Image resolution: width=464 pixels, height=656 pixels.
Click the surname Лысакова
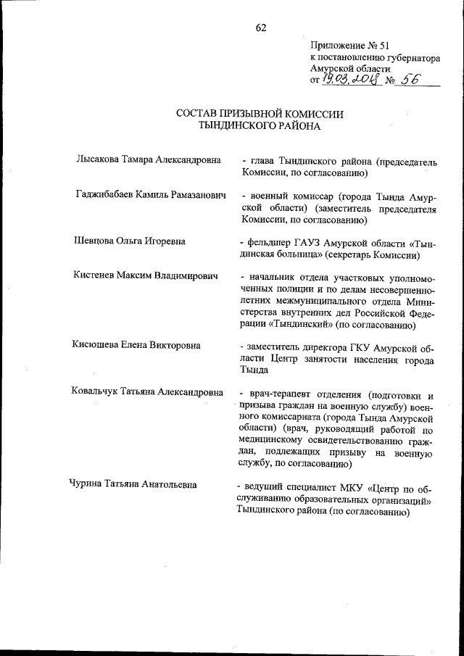(99, 161)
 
